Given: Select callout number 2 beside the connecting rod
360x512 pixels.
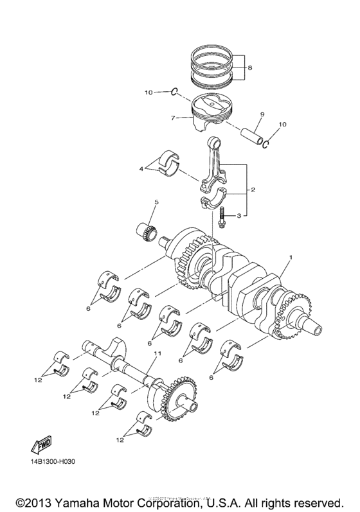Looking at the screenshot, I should (253, 190).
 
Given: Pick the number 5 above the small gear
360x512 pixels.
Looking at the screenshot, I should (156, 202).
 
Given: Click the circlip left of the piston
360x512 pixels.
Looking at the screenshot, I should (174, 93).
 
